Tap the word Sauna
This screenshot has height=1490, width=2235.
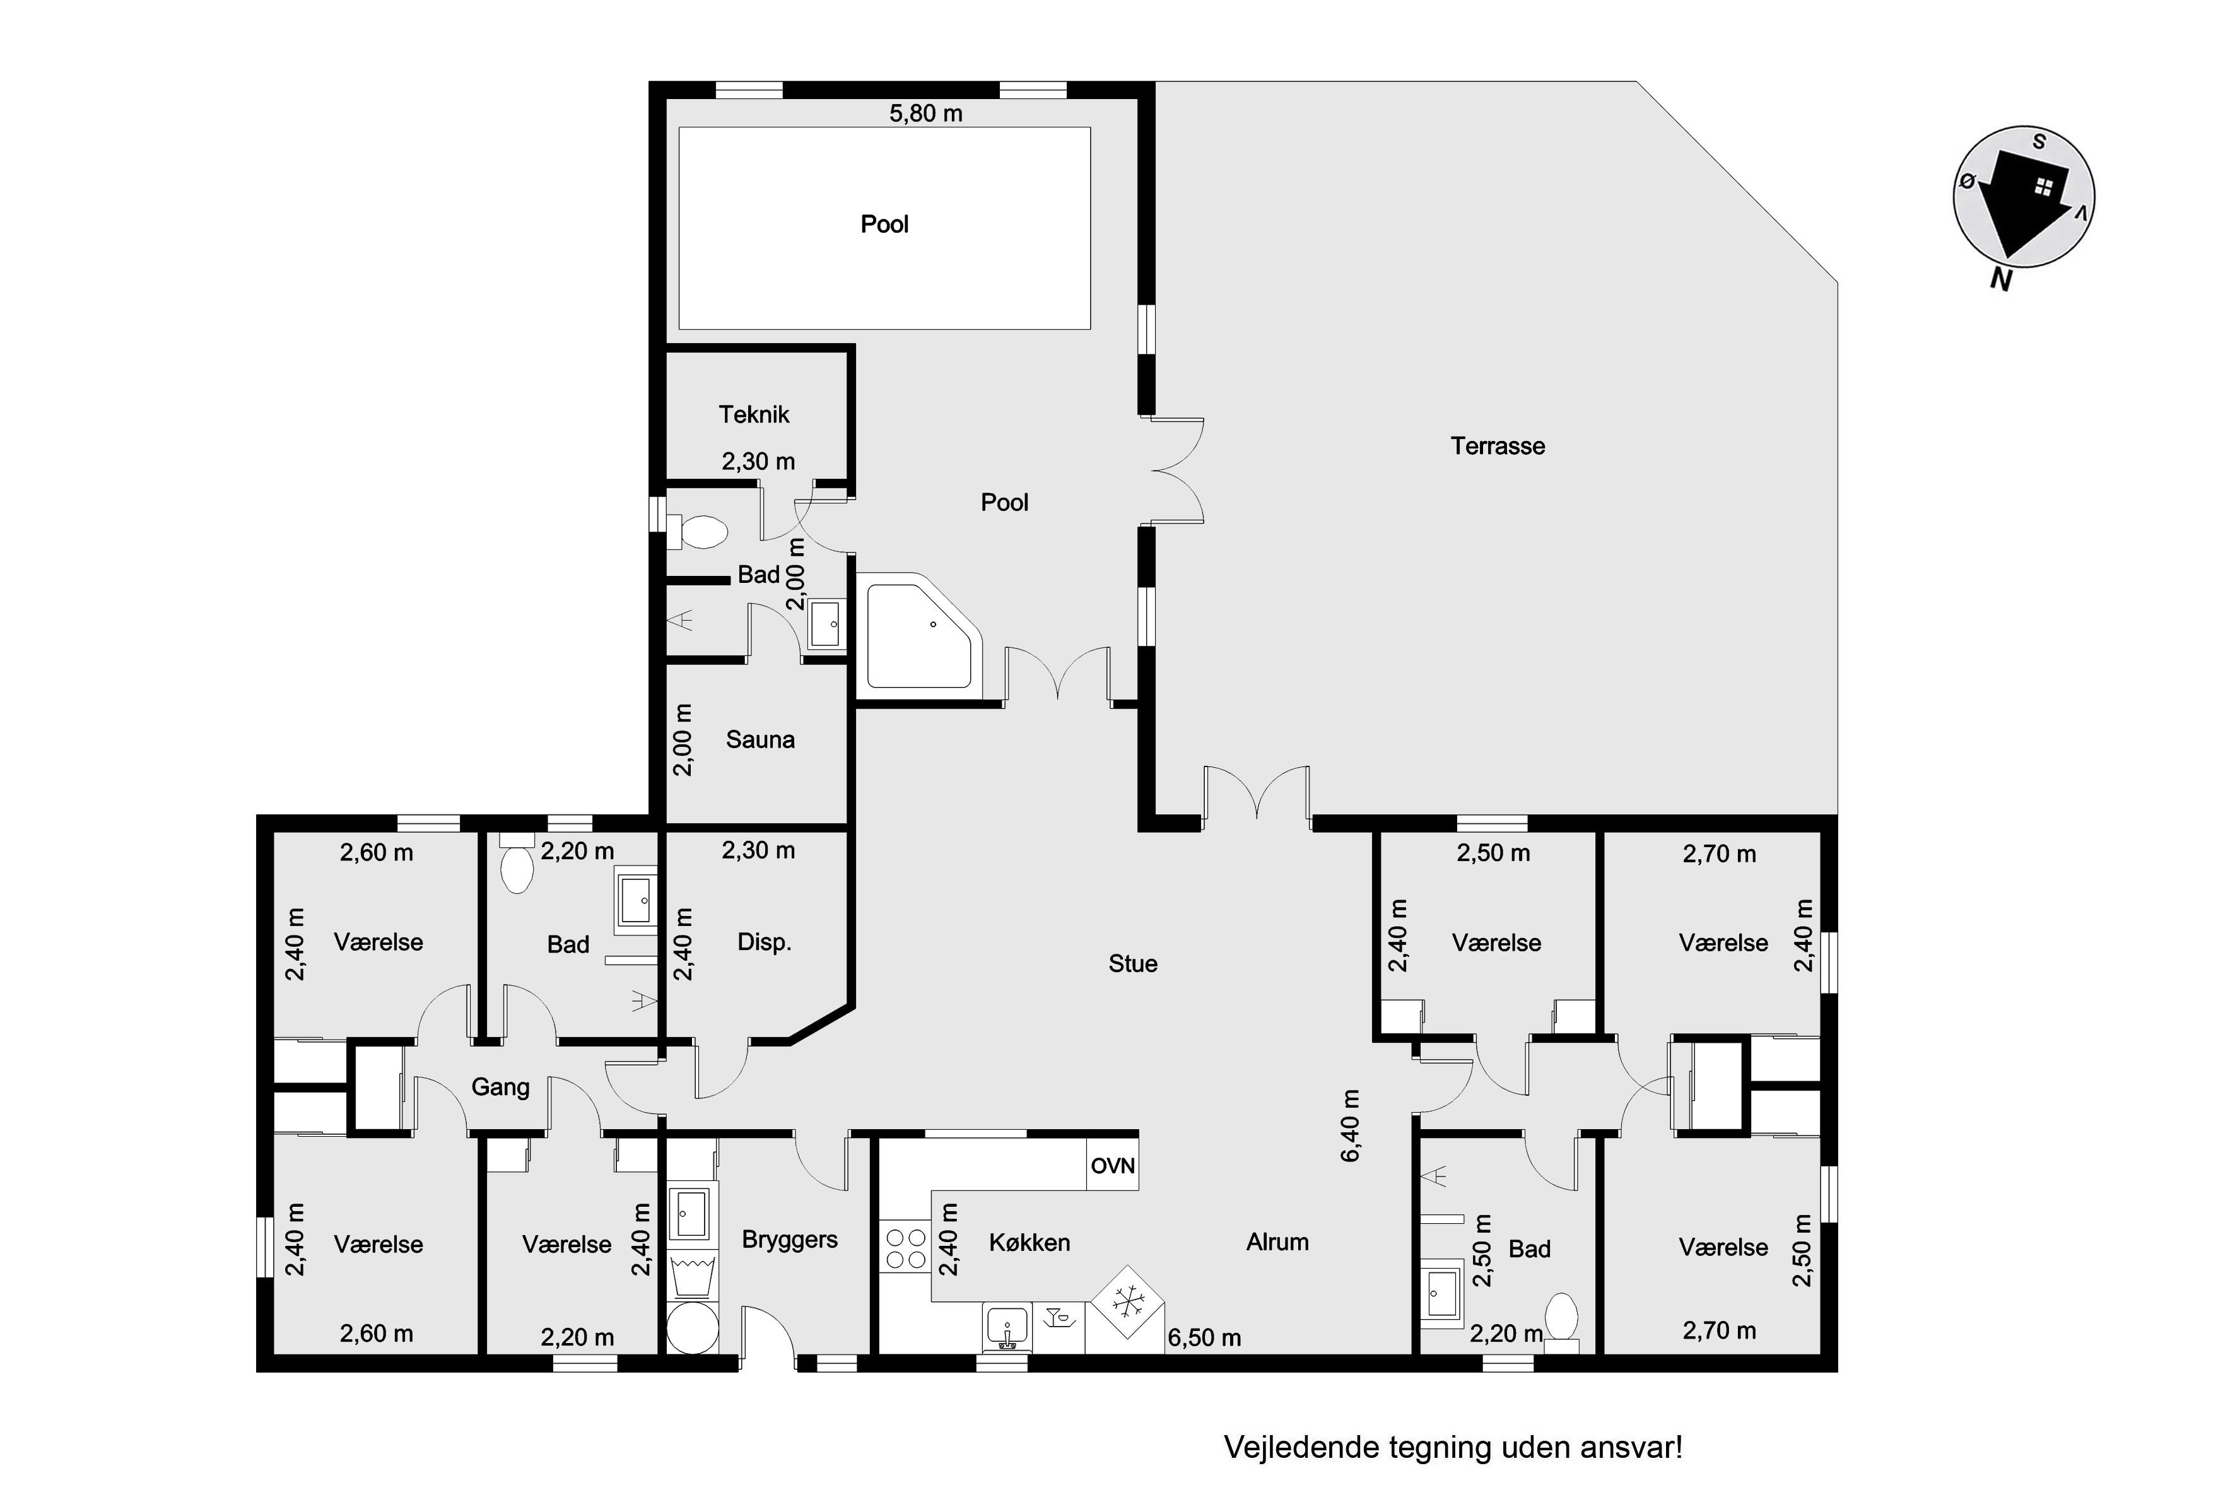(760, 739)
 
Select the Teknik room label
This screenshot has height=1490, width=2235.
(754, 414)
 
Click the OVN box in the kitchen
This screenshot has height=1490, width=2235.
(1113, 1165)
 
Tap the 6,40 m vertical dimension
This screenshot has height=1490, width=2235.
(1351, 1125)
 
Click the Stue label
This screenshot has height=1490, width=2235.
(1133, 963)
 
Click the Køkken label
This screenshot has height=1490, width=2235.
(1029, 1243)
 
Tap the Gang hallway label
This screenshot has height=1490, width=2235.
(501, 1087)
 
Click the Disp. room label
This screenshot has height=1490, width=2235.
(764, 942)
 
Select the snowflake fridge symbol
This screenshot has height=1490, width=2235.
(1127, 1302)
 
